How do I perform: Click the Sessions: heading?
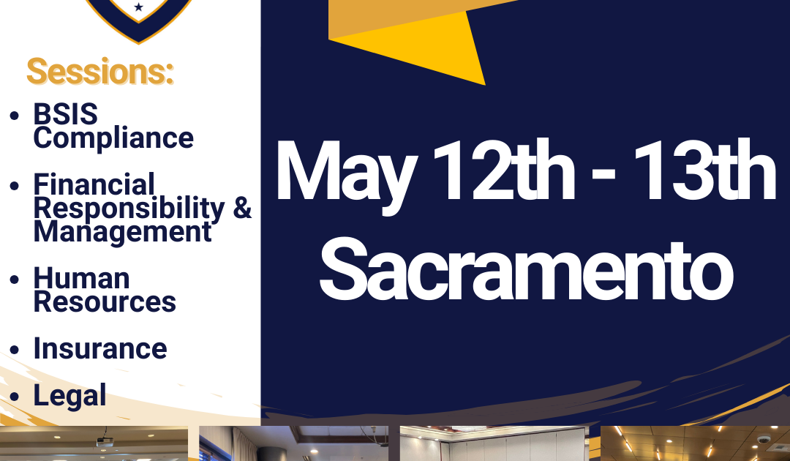[x=99, y=71]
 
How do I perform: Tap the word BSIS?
[x=66, y=114]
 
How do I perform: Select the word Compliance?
[x=113, y=138]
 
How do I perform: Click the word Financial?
[x=94, y=184]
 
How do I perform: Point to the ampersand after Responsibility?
[x=242, y=207]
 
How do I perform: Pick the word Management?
[x=122, y=232]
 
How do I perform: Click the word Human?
[x=82, y=279]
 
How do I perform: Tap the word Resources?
[x=105, y=301]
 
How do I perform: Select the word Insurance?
[x=100, y=348]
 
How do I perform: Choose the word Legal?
[x=69, y=395]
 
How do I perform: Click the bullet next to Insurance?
[x=14, y=350]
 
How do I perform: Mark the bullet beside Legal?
[x=14, y=397]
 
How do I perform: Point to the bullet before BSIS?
[x=14, y=116]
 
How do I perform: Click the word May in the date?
[x=347, y=174]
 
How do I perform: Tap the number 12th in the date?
[x=504, y=170]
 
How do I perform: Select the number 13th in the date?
[x=704, y=170]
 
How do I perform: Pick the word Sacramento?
[x=527, y=269]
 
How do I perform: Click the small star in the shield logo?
[x=138, y=7]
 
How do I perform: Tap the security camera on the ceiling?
[x=764, y=439]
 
